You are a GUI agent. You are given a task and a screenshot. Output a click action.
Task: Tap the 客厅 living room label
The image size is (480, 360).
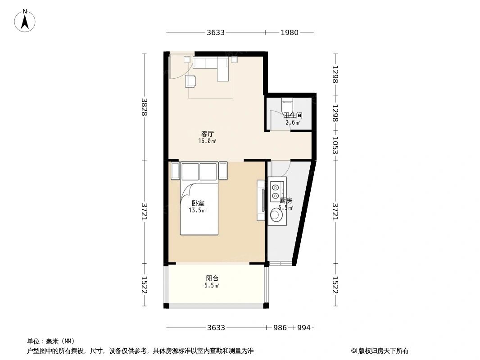click(x=207, y=134)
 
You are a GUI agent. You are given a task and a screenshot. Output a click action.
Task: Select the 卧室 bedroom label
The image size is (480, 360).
click(x=198, y=203)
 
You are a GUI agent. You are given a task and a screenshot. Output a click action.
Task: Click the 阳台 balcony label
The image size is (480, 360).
click(x=212, y=279)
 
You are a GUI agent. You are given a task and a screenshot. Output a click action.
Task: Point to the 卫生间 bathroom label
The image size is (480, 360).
click(x=293, y=115)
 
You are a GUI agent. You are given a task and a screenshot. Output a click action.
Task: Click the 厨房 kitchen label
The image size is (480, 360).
click(x=286, y=200)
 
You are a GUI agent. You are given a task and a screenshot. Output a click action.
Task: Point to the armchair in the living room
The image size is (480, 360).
click(x=191, y=81)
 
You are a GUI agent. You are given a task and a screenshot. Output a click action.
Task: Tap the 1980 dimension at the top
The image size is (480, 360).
click(x=290, y=32)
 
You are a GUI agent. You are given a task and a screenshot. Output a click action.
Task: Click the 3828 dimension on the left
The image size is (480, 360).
click(x=145, y=107)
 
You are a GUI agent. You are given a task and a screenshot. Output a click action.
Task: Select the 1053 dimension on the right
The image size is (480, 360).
click(x=335, y=145)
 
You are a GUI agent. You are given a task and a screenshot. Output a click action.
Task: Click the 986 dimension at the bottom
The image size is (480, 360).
click(x=280, y=328)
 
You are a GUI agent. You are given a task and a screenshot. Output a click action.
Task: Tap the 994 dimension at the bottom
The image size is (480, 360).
click(x=304, y=328)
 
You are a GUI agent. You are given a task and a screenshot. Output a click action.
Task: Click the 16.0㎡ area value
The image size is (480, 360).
click(x=207, y=141)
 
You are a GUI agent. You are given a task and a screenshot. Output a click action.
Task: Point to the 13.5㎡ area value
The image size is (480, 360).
click(x=198, y=210)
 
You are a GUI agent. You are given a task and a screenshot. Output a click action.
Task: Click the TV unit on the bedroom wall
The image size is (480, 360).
click(x=261, y=200)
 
